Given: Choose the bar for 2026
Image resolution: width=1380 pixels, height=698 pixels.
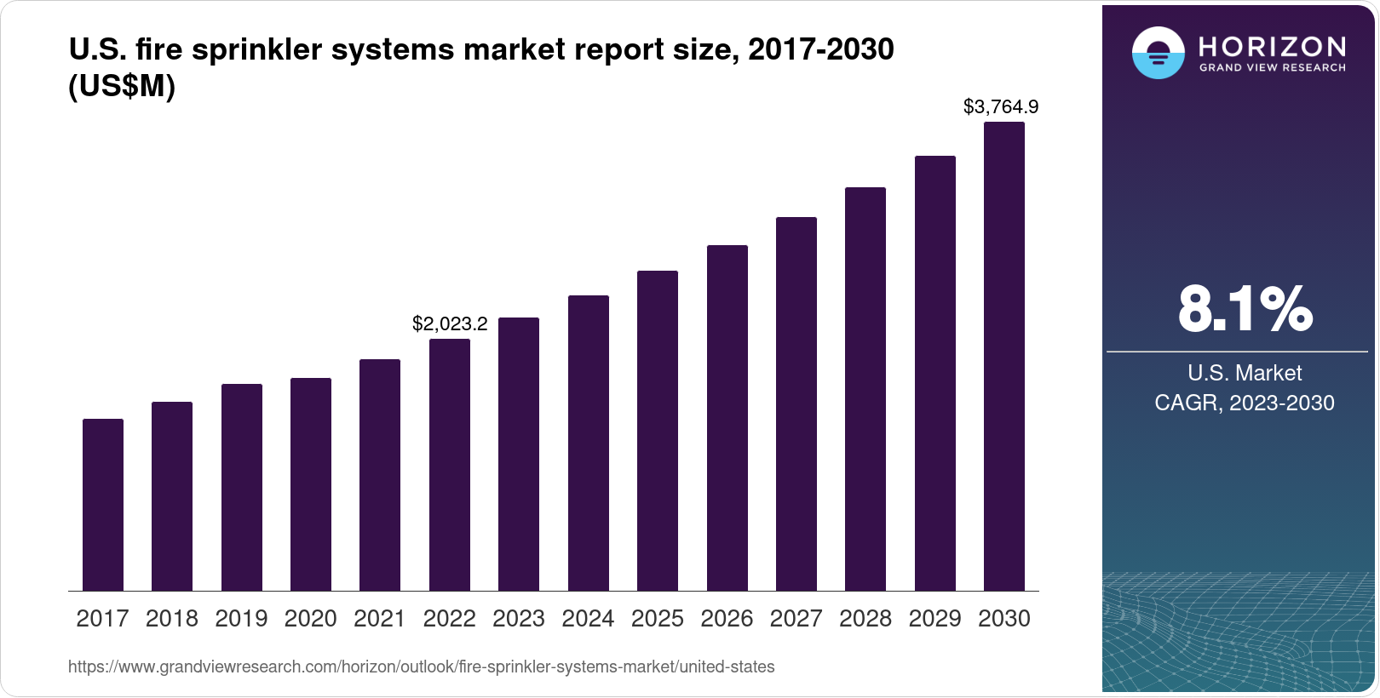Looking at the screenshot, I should (x=727, y=417).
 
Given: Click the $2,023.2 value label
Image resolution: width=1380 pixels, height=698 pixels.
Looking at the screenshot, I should (x=450, y=323).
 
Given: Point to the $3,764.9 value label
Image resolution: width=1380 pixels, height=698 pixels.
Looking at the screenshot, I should (x=1001, y=107).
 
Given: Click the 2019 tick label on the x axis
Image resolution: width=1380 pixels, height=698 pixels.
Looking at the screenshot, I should (x=241, y=619).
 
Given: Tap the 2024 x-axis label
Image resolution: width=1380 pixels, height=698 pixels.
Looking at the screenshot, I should (x=588, y=619).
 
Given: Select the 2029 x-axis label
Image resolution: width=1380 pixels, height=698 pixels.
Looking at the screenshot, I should (x=934, y=619).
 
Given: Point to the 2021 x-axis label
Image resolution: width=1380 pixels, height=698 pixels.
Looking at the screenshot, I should (x=380, y=619).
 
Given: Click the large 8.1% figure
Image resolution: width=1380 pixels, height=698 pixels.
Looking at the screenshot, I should (x=1245, y=309).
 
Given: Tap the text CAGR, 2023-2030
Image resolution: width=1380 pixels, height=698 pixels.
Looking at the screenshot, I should (x=1245, y=403).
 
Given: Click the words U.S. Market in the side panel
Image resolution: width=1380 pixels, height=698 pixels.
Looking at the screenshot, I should (x=1245, y=373).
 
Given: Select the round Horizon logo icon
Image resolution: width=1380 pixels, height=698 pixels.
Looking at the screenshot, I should (x=1158, y=53).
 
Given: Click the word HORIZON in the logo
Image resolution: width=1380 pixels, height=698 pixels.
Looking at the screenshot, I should (x=1272, y=46).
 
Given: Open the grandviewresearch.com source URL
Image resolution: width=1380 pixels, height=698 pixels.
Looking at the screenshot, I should (x=421, y=667).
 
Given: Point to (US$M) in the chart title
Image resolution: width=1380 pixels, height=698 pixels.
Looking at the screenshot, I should (x=122, y=87).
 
